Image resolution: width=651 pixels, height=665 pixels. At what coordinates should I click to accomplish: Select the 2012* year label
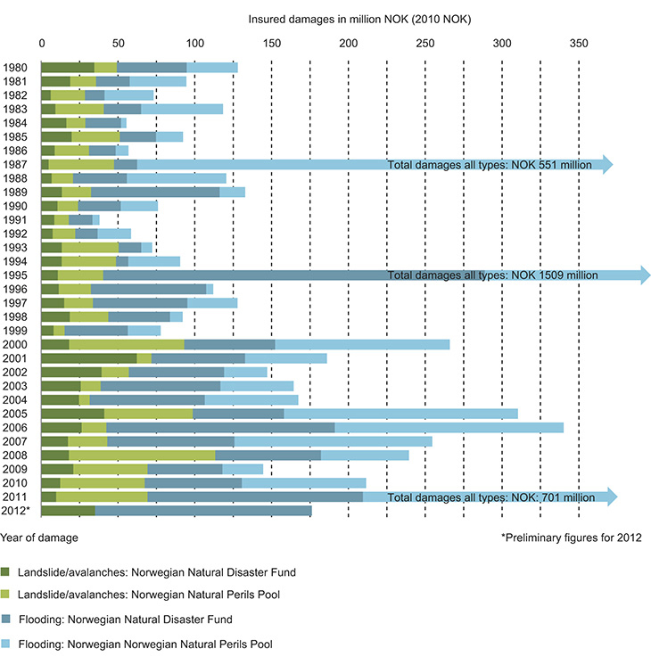pos(17,511)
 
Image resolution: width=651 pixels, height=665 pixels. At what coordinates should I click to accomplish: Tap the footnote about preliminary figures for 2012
pos(571,538)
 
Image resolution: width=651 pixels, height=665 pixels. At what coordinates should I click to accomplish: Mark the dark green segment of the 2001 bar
pos(89,358)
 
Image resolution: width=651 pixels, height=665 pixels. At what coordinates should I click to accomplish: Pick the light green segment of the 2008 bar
pos(142,455)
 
